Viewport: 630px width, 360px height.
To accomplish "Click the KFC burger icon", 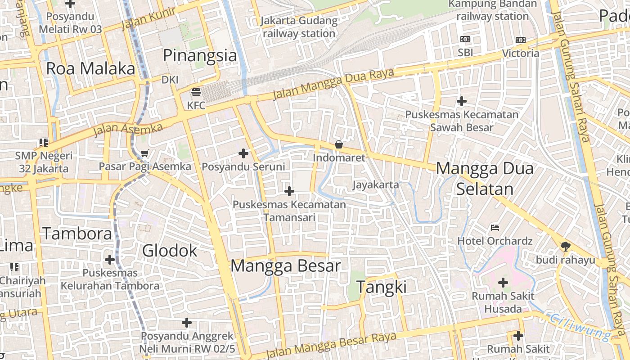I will pos(196,93).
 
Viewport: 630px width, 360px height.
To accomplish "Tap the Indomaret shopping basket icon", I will pos(338,144).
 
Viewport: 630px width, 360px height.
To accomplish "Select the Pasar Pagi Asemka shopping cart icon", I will pos(144,153).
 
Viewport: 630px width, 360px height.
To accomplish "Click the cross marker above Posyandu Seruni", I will pos(243,153).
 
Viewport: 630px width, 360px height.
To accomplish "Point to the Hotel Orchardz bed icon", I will pos(495,227).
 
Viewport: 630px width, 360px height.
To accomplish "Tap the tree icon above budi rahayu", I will pos(565,246).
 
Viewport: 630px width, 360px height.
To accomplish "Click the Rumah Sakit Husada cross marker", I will pos(503,283).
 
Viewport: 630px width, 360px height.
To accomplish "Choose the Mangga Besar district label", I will pos(286,266).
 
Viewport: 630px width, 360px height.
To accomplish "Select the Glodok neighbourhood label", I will pos(170,251).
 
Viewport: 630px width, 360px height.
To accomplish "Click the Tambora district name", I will pos(77,234).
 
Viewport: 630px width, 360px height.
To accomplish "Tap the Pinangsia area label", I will pos(199,55).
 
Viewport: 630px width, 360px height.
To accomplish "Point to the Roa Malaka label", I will pos(90,69).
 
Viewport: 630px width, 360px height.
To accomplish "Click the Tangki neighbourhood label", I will pos(381,287).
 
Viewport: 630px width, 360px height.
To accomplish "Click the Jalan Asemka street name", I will pos(128,129).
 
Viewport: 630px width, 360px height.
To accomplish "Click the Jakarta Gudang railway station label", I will pos(299,27).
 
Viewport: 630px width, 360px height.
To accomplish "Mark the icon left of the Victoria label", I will pos(520,40).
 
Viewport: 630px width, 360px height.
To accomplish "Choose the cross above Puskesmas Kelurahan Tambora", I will pos(110,260).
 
